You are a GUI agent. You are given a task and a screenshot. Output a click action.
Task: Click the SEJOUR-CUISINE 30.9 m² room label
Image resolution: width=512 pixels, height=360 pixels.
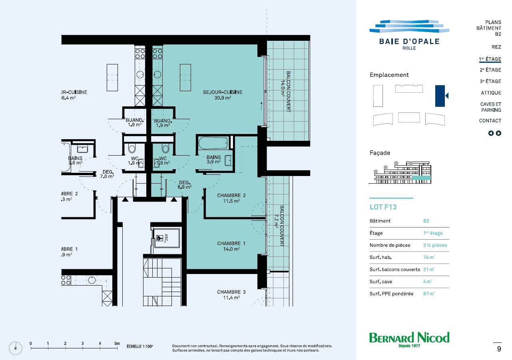coord(223,95)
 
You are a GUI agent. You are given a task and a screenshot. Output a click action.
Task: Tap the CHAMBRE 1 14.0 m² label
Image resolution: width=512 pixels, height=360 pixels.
coord(231,246)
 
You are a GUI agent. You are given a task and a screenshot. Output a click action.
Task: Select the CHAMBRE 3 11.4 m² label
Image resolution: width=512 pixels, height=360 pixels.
coord(231,295)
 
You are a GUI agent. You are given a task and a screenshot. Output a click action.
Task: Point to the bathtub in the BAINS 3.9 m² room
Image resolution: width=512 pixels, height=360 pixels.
coord(213,143)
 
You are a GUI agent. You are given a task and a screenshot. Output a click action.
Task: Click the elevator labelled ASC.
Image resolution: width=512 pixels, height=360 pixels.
coord(166,238)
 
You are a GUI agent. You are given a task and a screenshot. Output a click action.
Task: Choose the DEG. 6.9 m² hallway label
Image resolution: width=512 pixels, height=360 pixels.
coord(185,184)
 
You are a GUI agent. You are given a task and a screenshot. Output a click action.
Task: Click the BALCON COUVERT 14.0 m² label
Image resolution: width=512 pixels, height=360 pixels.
coord(286,92)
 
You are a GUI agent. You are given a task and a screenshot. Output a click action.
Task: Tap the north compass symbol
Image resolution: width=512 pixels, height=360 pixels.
coord(16,348)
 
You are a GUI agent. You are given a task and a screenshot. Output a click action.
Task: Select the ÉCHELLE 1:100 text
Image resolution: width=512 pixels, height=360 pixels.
coord(139,346)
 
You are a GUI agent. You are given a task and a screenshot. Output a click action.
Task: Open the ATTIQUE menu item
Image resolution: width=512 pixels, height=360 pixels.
coord(491,93)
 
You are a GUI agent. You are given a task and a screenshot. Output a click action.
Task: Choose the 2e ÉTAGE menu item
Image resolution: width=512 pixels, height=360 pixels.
coord(490,70)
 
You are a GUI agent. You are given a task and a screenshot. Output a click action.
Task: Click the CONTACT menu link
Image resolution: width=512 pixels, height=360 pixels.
coord(490,120)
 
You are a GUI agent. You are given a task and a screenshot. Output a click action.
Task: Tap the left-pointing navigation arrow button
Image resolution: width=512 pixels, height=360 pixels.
coord(491,133)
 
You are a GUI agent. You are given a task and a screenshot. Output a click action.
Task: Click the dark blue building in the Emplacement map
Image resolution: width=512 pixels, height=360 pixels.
coord(440,96)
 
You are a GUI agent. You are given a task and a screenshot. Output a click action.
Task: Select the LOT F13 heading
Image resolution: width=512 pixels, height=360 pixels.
coord(383,207)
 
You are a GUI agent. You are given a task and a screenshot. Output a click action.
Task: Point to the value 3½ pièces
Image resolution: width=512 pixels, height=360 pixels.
coord(435,245)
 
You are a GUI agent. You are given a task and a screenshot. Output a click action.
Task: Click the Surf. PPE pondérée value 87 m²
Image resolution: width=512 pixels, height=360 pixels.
coord(429,294)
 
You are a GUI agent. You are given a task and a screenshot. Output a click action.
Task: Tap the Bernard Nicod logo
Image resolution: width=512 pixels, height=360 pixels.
coord(409,340)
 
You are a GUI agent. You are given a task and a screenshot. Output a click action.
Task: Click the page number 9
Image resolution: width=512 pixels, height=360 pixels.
coord(499,349)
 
